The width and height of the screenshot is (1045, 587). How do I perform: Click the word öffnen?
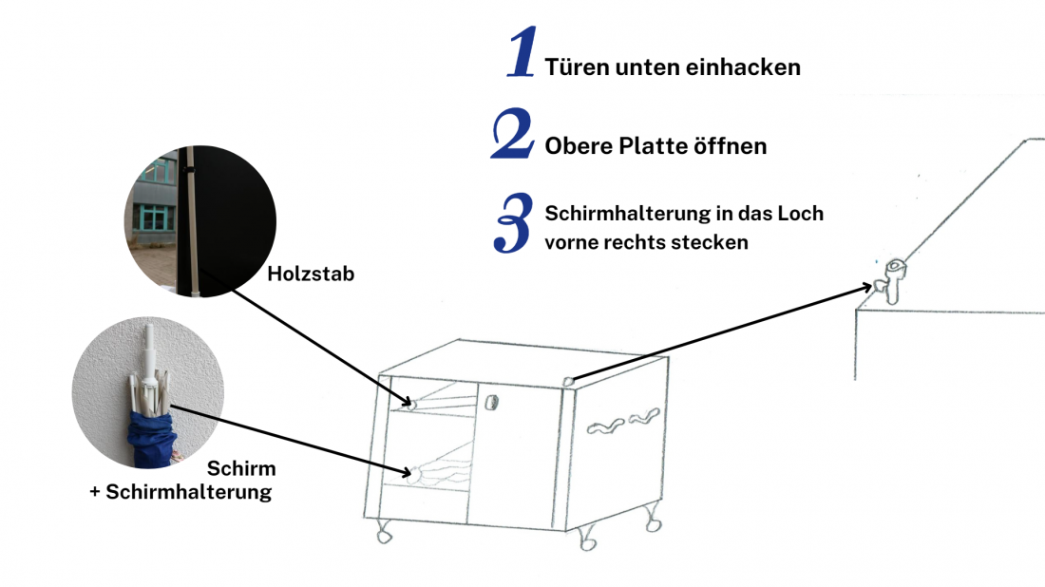733,147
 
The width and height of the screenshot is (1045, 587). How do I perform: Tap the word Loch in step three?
801,214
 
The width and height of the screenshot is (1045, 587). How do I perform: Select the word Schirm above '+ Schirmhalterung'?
241,469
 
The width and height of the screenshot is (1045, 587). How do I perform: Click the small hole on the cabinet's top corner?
567,381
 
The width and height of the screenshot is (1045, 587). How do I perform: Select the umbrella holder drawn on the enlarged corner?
894,280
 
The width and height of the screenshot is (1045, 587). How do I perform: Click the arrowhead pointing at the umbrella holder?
867,286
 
